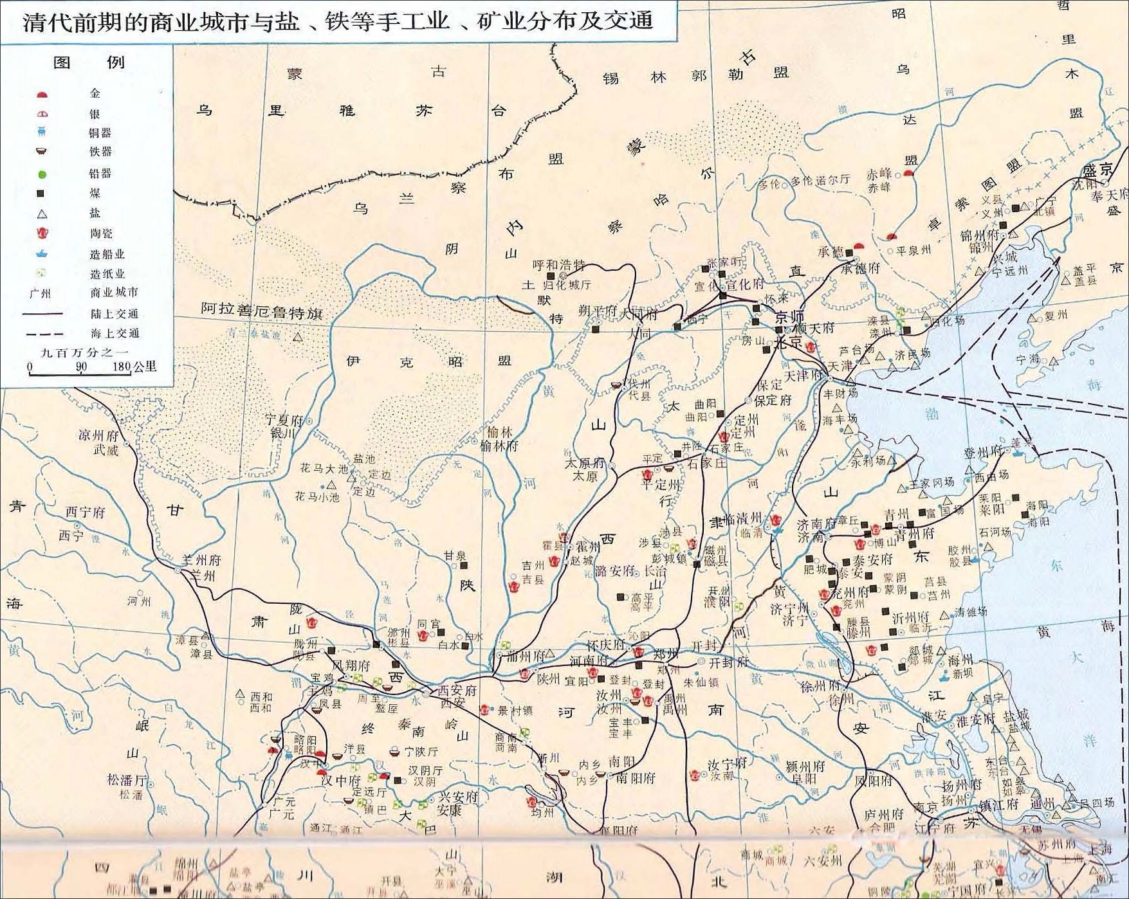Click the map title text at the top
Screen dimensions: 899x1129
point(338,21)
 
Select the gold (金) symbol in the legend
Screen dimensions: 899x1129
point(42,95)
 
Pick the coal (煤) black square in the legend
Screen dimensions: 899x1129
point(42,194)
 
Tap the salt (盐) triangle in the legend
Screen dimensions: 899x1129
point(42,213)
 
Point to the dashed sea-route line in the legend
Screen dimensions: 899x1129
point(44,334)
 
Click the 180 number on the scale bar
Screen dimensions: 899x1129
point(122,367)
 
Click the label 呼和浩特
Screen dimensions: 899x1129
point(559,265)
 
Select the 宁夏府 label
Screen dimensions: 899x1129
point(284,420)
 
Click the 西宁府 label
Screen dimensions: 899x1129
point(85,512)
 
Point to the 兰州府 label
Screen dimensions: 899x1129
point(201,560)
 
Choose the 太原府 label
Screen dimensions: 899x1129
point(585,463)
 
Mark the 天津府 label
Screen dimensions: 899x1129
point(803,375)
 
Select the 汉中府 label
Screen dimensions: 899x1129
point(341,781)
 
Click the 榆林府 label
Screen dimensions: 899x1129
point(499,445)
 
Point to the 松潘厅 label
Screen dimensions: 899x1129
point(127,780)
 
